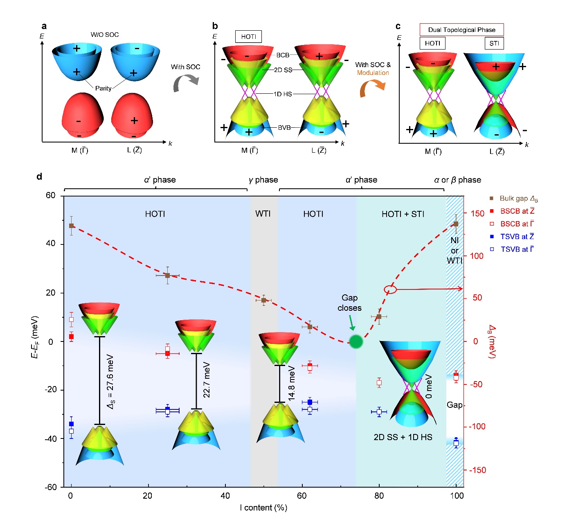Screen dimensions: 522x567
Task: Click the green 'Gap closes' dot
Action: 356,341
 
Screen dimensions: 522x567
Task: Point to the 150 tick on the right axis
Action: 477,213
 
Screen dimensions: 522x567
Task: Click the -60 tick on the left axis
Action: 51,487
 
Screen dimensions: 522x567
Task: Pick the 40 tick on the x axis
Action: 225,496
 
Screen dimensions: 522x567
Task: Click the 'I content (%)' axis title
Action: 263,508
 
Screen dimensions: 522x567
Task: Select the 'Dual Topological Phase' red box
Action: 461,30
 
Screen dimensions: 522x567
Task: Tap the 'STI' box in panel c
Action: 494,43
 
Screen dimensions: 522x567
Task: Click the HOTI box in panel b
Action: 248,37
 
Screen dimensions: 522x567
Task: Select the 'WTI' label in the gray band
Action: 263,214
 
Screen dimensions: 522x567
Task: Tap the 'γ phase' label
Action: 263,180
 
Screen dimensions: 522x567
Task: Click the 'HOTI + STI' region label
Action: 403,214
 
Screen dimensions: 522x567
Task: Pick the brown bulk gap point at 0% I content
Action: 72,226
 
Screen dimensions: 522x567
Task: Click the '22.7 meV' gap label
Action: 207,380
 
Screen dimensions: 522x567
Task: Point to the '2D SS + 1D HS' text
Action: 403,437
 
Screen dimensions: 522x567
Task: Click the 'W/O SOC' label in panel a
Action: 105,35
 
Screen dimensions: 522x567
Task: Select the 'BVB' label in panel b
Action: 284,128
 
